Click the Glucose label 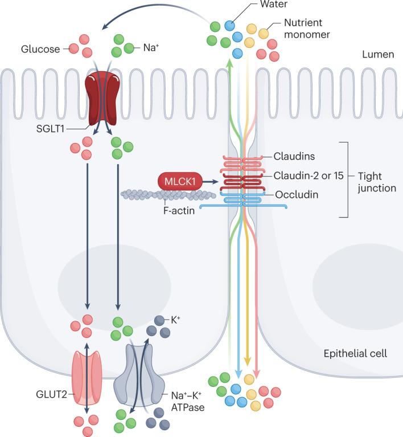[40, 49]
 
